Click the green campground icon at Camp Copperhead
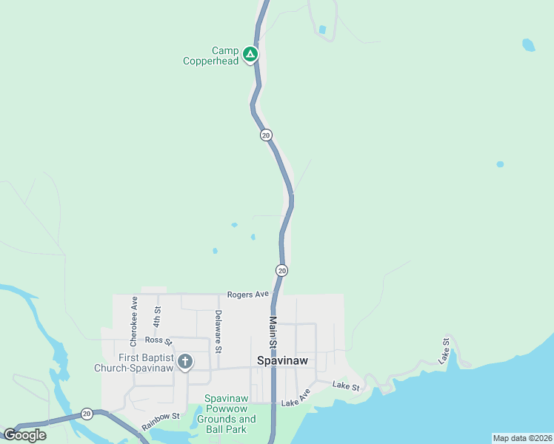tap(250, 54)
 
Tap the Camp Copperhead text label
tap(212, 56)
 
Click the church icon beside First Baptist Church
tap(185, 362)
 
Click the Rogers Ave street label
tap(248, 294)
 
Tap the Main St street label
tap(273, 333)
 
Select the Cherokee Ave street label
tap(134, 322)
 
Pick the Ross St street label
tap(158, 341)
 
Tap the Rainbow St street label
tap(161, 422)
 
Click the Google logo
tap(25, 435)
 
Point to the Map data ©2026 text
tap(521, 438)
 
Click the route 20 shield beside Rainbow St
tap(87, 413)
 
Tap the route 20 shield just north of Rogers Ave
tap(281, 271)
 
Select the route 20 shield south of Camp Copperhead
tap(266, 135)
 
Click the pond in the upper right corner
tap(528, 45)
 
